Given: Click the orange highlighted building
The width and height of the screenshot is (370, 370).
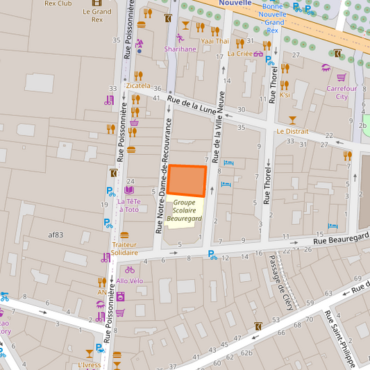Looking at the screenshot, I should click(187, 181).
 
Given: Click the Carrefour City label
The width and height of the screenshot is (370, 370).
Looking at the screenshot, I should click(342, 92).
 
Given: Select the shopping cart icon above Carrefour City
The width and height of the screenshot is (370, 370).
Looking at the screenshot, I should click(342, 77).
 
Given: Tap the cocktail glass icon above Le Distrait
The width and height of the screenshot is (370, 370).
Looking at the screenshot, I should click(292, 120).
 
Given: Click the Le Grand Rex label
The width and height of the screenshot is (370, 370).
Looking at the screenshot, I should click(96, 15).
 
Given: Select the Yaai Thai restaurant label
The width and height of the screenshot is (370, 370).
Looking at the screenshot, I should click(215, 41).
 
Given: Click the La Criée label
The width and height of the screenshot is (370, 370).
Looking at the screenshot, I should click(240, 53).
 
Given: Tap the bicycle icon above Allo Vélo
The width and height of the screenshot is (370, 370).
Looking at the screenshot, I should click(130, 269).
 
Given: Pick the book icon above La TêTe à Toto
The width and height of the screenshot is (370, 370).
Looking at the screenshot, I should click(129, 190).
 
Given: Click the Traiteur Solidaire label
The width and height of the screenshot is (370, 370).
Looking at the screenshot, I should click(124, 249).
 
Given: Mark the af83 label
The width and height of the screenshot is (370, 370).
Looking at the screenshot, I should click(56, 235).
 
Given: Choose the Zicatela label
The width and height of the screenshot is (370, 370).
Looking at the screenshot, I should click(138, 85).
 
